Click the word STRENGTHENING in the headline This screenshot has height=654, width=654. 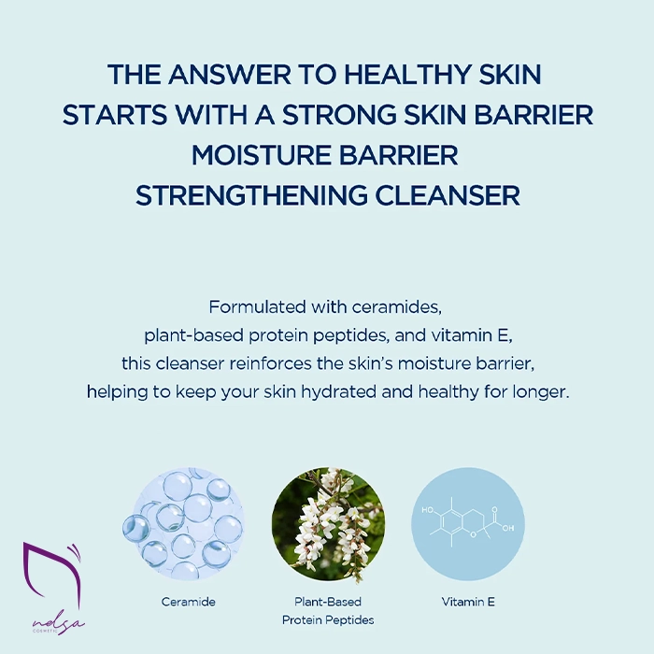point(251,195)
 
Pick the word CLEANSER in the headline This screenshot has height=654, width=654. point(448,195)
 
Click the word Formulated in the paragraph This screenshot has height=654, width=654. point(257,307)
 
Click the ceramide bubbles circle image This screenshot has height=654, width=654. point(183,523)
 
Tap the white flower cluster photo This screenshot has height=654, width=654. point(328,524)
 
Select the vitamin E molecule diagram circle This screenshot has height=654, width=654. point(468,524)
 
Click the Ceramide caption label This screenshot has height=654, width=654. point(188,602)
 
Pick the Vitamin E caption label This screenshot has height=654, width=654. point(468,602)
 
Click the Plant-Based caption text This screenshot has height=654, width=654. point(328,602)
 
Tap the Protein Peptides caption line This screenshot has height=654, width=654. point(328,620)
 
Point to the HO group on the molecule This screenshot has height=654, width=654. point(427,510)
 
